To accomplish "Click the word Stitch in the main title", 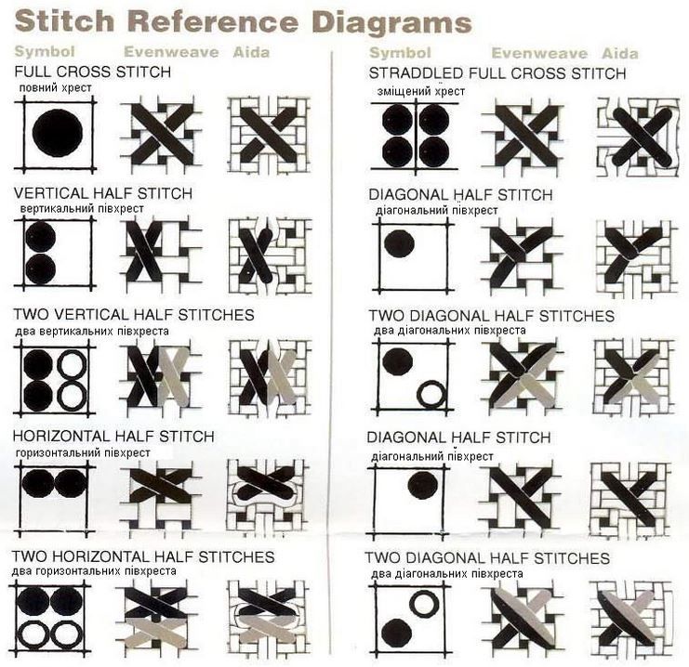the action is (64, 21).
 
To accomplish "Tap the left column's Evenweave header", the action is (171, 52).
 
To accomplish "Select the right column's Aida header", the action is (619, 54).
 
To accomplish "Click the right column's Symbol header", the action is (401, 53).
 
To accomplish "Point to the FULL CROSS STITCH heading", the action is (93, 72).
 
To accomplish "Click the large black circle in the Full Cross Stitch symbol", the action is (58, 133).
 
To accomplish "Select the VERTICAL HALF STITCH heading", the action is (103, 193).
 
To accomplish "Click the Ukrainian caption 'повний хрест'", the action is (56, 88).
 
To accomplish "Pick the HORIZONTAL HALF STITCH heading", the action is (113, 437).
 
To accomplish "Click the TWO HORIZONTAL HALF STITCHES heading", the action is (143, 556).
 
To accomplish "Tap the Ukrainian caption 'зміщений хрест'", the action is (421, 91).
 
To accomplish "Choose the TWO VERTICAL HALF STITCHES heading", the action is (134, 315).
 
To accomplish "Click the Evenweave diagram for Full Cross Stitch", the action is (162, 134).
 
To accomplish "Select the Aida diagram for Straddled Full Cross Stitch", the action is (638, 137).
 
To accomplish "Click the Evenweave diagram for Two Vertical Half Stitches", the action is (161, 376).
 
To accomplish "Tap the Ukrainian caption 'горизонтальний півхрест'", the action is (83, 452).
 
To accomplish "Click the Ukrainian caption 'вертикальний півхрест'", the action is (82, 209).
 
